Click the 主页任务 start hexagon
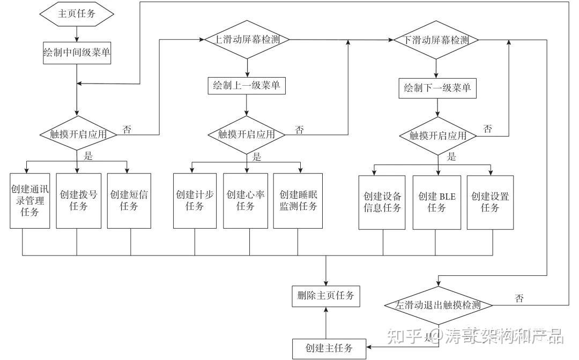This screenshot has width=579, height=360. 77,14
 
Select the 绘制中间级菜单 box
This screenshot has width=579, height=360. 77,53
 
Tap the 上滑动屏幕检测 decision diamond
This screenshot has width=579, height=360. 247,40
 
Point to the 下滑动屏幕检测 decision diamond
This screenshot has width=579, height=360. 435,40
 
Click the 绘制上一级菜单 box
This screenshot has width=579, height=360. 247,86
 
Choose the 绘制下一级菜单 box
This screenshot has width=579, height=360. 437,88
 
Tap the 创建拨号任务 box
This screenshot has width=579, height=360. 78,201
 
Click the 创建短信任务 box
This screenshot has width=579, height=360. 129,201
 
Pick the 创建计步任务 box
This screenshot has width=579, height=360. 195,201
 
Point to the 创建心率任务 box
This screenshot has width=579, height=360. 246,201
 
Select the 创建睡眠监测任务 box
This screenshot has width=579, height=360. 298,201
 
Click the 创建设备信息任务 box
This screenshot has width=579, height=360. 382,202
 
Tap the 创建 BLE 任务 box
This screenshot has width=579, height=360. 437,202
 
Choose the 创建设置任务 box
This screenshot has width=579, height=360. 490,202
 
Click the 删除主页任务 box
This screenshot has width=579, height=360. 325,295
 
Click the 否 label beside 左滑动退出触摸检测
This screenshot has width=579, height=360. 519,298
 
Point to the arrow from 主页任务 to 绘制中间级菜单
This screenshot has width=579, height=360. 77,34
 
